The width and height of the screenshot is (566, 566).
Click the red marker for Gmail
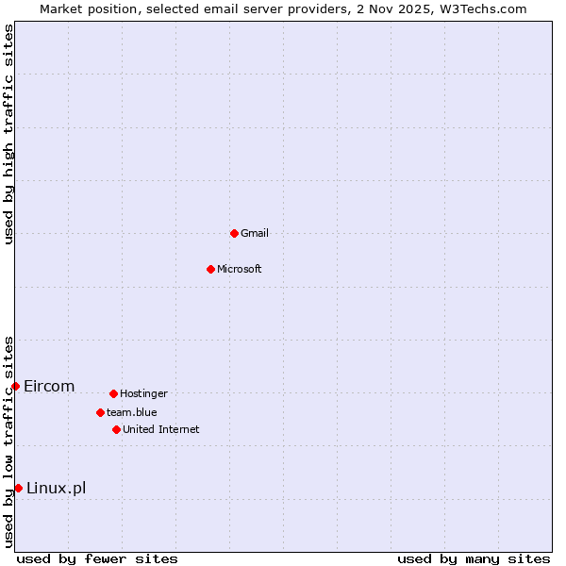click(x=234, y=233)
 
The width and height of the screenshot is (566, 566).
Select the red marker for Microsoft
click(x=210, y=269)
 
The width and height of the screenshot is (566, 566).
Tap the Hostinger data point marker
click(x=113, y=393)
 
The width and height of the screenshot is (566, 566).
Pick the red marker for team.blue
click(x=100, y=412)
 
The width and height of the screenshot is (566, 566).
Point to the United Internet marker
click(x=116, y=429)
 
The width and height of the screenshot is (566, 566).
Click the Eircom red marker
click(x=15, y=386)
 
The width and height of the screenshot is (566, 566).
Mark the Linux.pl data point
click(x=18, y=488)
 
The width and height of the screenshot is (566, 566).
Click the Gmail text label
click(x=255, y=233)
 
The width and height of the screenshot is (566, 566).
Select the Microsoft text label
click(x=240, y=269)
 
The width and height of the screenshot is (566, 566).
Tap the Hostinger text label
click(x=143, y=393)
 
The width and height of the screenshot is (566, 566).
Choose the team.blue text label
click(x=132, y=412)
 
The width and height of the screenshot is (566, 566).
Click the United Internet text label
click(x=161, y=429)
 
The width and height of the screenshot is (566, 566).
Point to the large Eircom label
click(x=49, y=386)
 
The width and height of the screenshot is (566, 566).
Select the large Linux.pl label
click(x=56, y=488)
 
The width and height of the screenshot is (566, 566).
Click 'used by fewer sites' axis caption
click(x=97, y=558)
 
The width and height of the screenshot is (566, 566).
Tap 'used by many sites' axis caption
click(x=474, y=558)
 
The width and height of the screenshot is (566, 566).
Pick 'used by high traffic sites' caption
click(x=8, y=134)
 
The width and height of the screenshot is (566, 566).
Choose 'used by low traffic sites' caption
click(x=8, y=441)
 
